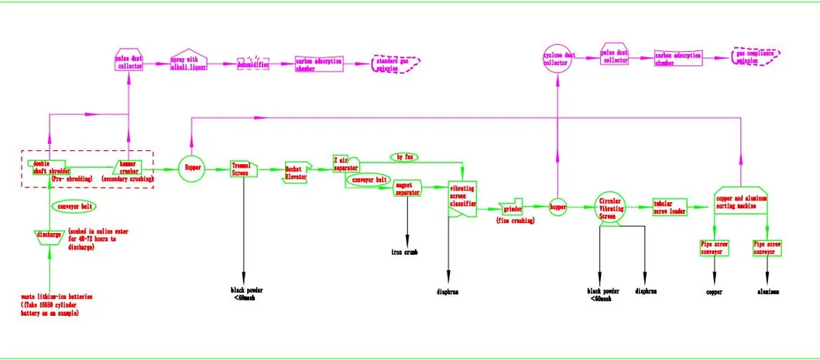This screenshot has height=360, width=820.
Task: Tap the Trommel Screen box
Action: [x=243, y=169]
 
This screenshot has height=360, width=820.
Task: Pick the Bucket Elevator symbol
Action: [x=297, y=173]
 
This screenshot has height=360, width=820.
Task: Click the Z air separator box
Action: [x=346, y=163]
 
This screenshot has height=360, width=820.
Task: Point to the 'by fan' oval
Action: [x=404, y=157]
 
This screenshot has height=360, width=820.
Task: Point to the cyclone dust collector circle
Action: [x=558, y=59]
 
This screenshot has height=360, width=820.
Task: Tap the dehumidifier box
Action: [x=255, y=64]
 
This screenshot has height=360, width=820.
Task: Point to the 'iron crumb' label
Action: [x=404, y=252]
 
